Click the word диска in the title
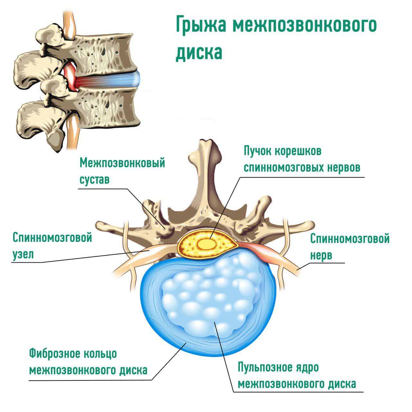(x=199, y=52)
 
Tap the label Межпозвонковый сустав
(x=122, y=171)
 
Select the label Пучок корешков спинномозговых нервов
(x=302, y=160)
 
